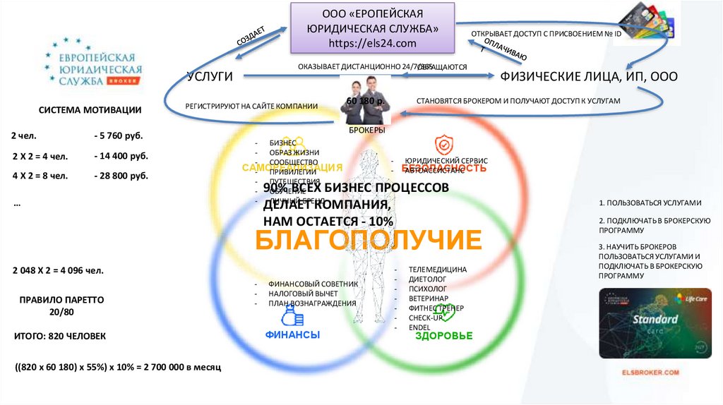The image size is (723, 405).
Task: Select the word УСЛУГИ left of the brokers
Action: pyautogui.click(x=210, y=77)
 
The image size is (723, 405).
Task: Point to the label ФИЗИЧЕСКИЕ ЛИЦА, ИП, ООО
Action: pyautogui.click(x=589, y=77)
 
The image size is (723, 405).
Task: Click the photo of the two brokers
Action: pyautogui.click(x=366, y=101)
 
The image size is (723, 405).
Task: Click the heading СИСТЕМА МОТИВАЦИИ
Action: pyautogui.click(x=90, y=111)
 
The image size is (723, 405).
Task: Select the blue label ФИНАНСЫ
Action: pyautogui.click(x=292, y=334)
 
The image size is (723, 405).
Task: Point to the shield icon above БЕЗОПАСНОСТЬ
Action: pyautogui.click(x=443, y=145)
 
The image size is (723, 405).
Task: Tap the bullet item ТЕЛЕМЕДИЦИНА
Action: pyautogui.click(x=438, y=270)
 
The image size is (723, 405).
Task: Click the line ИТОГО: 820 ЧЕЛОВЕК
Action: pyautogui.click(x=60, y=336)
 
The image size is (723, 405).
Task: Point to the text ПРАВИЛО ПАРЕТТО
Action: pyautogui.click(x=62, y=299)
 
